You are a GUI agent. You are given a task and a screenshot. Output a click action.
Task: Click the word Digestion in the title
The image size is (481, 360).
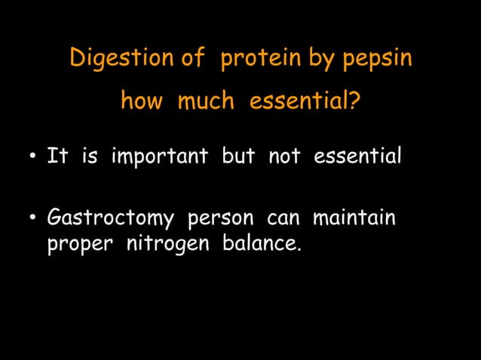pyautogui.click(x=114, y=59)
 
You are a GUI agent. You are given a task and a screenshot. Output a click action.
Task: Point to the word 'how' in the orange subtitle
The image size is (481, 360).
pyautogui.click(x=141, y=100)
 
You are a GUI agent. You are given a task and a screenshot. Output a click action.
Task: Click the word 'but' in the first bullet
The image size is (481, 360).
pyautogui.click(x=237, y=158)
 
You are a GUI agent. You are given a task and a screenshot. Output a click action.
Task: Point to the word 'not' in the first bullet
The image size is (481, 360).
pyautogui.click(x=283, y=158)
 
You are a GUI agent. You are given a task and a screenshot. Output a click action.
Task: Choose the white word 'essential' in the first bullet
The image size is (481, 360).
pyautogui.click(x=357, y=158)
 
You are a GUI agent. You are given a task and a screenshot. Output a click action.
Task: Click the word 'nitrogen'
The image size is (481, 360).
pyautogui.click(x=155, y=246)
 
